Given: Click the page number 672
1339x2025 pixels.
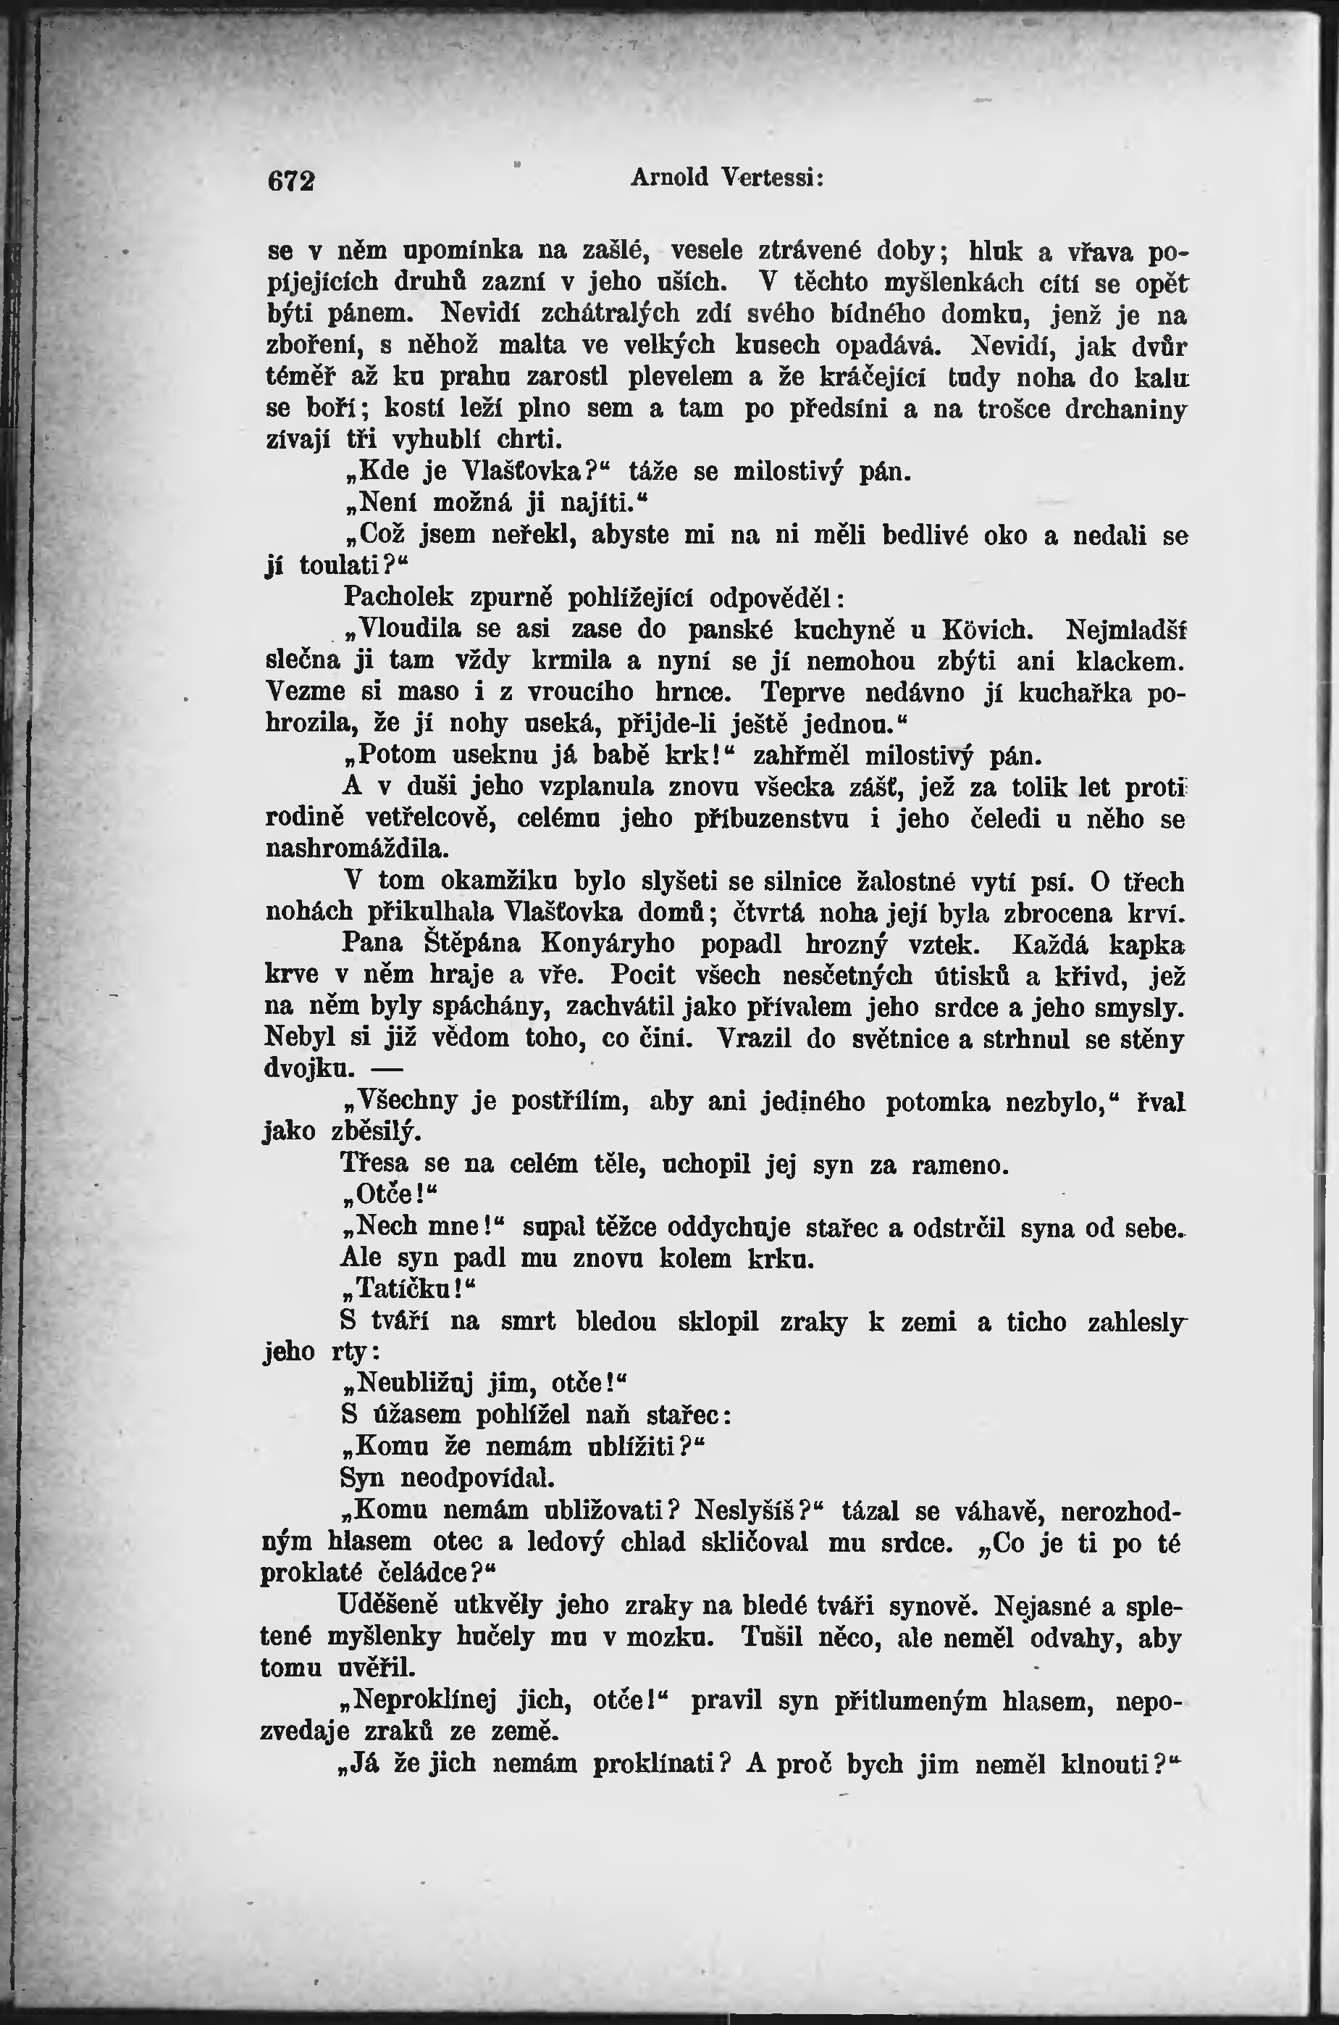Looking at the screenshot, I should [291, 182].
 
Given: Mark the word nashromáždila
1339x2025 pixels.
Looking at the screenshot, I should [357, 850].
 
